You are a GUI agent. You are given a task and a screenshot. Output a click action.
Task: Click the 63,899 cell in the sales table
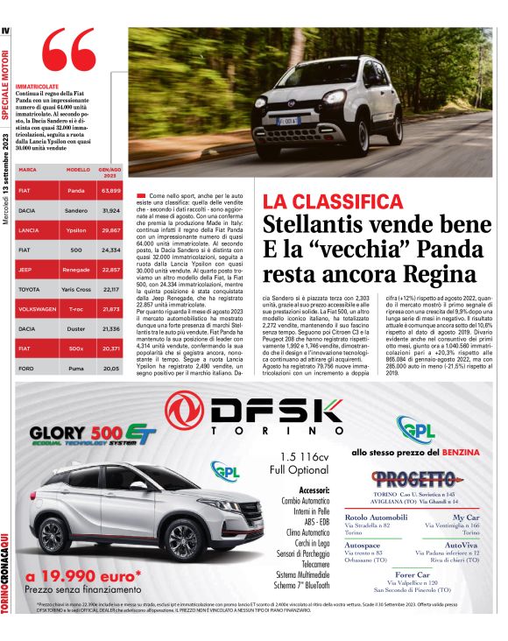coord(110,190)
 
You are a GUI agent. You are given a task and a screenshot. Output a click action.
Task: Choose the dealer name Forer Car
coord(424,574)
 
